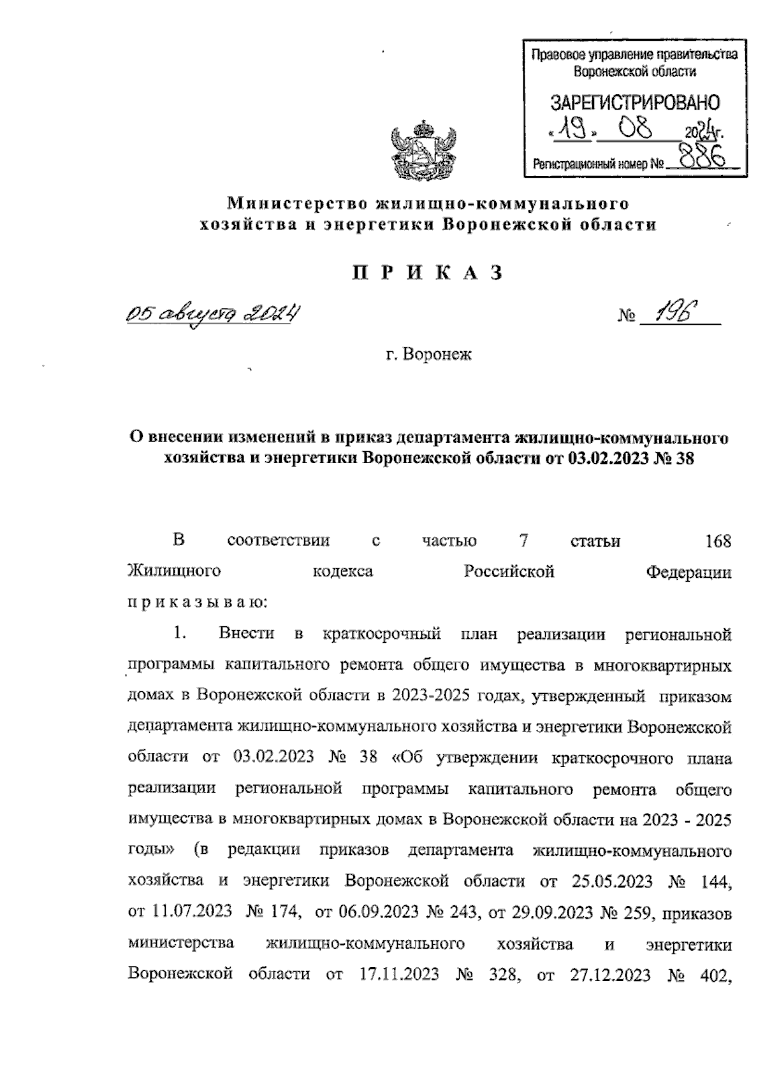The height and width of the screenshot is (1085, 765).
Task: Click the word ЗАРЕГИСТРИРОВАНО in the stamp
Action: (634, 103)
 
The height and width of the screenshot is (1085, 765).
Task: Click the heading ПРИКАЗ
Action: (427, 273)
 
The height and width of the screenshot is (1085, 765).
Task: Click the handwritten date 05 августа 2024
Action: (213, 313)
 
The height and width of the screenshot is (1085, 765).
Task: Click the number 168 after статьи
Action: (718, 542)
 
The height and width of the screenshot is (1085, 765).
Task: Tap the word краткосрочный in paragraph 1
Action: (382, 634)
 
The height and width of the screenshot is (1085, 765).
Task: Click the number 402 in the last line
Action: (715, 975)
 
